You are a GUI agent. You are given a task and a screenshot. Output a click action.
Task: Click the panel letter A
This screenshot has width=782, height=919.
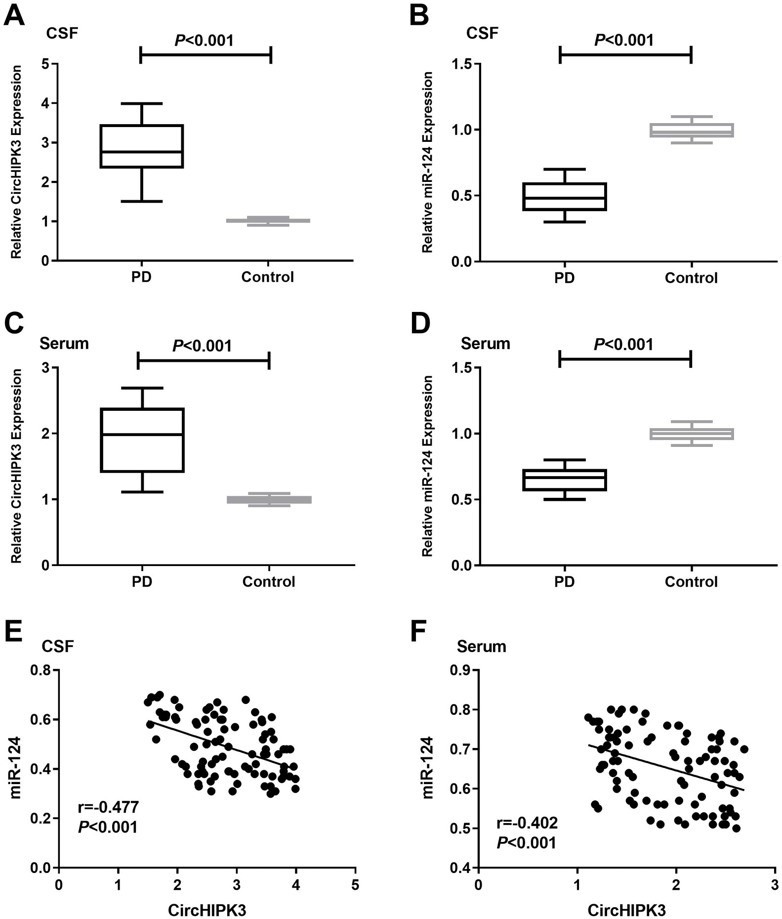14,16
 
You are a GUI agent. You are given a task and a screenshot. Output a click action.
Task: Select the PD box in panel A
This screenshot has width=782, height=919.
142,146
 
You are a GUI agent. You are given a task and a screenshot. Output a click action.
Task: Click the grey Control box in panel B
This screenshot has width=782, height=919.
691,130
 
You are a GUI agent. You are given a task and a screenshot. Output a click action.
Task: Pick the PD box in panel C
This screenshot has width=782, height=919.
142,440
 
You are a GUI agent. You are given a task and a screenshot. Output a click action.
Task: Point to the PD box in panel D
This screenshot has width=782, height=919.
564,480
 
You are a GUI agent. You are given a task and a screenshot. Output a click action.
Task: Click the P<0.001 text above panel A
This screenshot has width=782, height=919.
204,40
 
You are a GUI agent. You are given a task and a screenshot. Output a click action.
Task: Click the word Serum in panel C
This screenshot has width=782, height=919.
64,343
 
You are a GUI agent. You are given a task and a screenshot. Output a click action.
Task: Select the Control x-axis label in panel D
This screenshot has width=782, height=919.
691,581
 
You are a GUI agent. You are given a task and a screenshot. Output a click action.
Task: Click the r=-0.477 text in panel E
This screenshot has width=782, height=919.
109,807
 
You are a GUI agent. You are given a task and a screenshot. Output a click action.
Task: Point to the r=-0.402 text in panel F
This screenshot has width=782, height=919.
527,823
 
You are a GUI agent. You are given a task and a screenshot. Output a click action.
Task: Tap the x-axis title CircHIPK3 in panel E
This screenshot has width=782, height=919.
207,910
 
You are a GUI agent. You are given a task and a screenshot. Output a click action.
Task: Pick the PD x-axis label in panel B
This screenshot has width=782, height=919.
564,277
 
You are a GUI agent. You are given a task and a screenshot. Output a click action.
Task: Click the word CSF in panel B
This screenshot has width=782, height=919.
482,33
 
